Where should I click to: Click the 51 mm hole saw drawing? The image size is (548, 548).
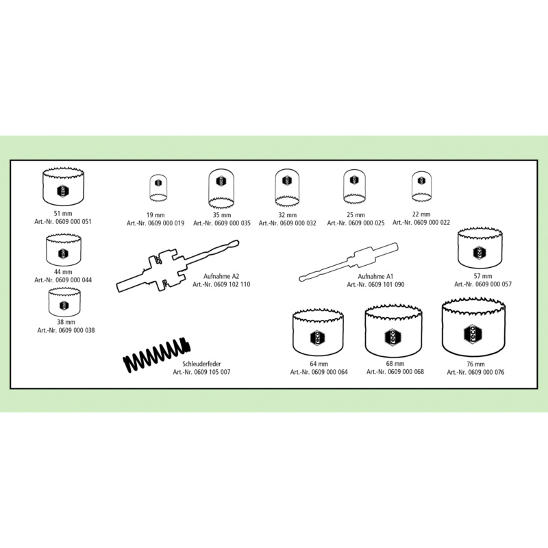63,187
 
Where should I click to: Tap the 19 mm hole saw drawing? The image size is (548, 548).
158,188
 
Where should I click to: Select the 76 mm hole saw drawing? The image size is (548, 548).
473,327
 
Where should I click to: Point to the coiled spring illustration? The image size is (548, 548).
157,355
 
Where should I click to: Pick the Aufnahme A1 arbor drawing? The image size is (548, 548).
349,262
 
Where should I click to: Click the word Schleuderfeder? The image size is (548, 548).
201,364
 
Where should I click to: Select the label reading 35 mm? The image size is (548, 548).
222,215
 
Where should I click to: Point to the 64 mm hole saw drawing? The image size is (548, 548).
318,332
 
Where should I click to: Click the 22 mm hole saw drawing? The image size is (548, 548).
421,187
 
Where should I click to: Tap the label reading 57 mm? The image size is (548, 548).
483,276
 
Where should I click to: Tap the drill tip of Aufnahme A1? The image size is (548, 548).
301,279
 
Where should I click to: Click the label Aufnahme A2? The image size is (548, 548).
221,276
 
